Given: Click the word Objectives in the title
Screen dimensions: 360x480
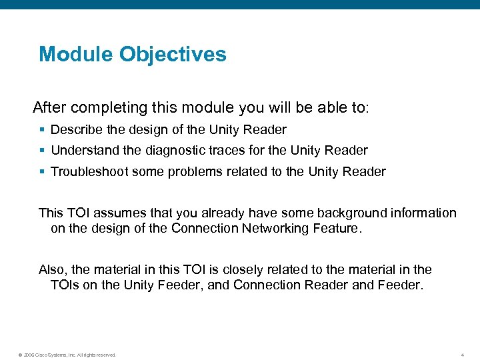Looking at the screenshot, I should tap(173, 54).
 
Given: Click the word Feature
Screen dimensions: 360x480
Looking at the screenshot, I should tap(338, 229).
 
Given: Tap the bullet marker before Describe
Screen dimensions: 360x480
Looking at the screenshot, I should tap(42, 130).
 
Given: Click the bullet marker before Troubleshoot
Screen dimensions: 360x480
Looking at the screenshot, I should tap(42, 173).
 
